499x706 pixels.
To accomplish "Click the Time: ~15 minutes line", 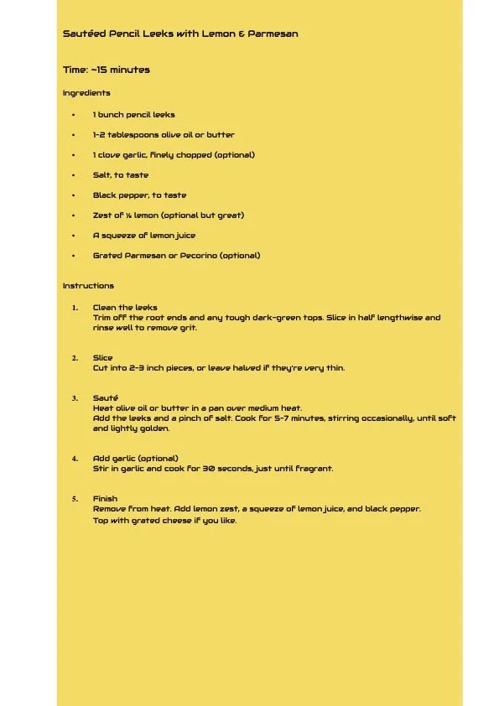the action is coord(107,70).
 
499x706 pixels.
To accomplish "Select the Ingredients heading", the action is coord(86,93).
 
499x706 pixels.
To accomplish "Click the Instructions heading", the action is coord(88,286).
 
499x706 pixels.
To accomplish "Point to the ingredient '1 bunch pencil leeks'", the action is coord(133,115).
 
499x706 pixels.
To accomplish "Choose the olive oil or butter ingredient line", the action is coord(164,135).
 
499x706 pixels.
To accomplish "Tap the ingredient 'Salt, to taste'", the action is coord(121,175).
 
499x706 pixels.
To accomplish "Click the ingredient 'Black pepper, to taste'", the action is coord(139,195).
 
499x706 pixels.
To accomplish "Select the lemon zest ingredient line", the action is coord(168,215).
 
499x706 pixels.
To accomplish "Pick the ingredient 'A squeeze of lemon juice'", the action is coord(144,236).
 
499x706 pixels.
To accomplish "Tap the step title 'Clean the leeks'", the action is coord(125,308).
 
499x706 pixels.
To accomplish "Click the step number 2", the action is coord(75,358).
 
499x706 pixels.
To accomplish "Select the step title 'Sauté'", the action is coord(105,397).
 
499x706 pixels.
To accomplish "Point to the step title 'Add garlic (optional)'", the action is coord(135,459).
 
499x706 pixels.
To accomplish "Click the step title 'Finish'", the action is coord(105,499).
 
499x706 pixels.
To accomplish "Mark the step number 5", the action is coord(75,499).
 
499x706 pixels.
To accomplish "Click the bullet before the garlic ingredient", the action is coord(73,155).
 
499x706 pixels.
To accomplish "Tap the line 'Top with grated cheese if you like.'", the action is coord(164,521).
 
